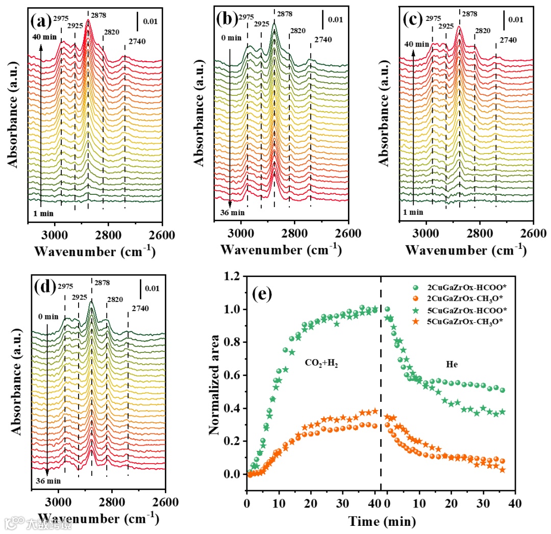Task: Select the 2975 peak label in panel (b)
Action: point(246,17)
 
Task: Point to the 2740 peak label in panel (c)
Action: point(508,40)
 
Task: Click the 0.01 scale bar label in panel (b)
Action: point(335,20)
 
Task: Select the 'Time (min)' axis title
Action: point(382,521)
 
